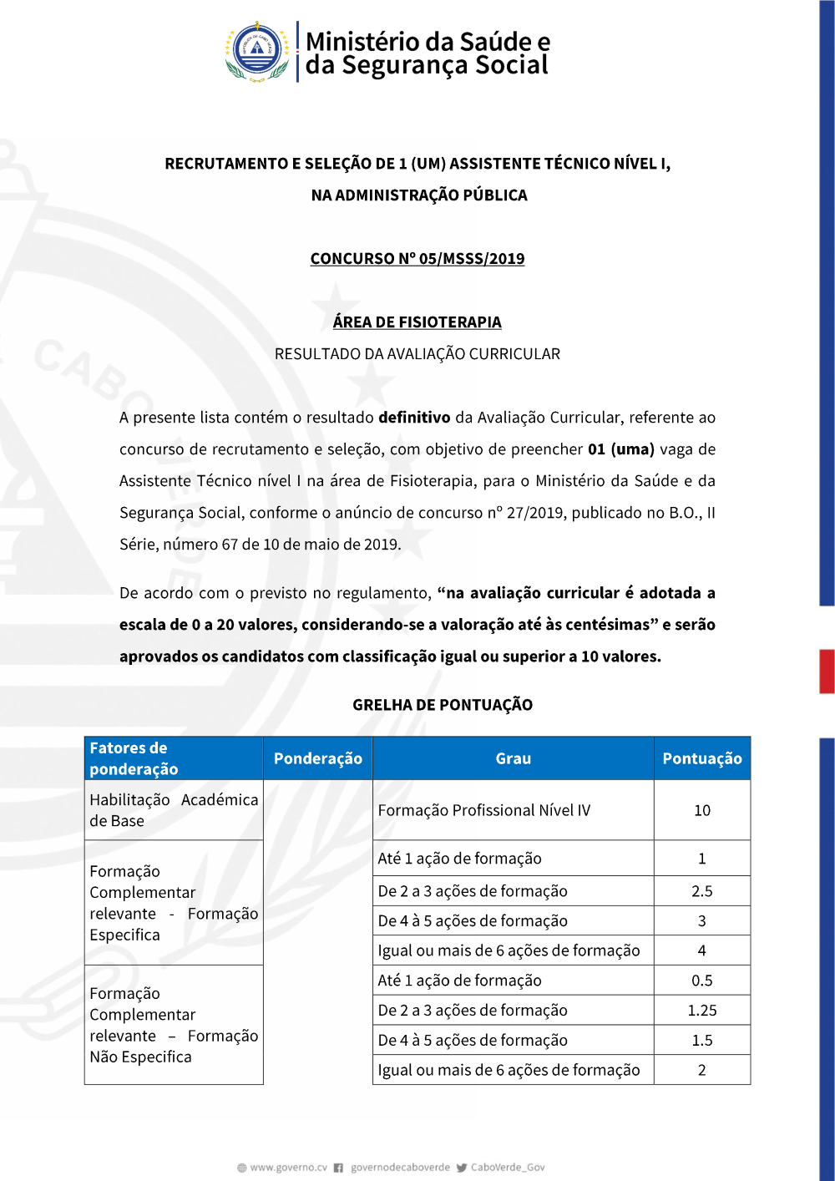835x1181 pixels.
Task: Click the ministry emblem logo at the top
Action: [x=257, y=52]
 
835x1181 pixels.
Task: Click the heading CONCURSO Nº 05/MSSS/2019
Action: [x=417, y=259]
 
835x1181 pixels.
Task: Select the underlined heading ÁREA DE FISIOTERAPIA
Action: [x=417, y=322]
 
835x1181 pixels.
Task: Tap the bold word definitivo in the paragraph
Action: [x=414, y=418]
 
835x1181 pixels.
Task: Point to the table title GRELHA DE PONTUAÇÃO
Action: [x=443, y=705]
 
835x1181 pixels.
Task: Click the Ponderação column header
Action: [x=318, y=758]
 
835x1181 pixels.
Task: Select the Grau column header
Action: [x=513, y=758]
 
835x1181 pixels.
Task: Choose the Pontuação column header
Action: [x=702, y=758]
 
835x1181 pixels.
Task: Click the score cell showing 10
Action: [x=702, y=810]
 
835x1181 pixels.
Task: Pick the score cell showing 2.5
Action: [x=702, y=891]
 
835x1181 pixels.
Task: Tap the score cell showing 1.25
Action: [x=702, y=1011]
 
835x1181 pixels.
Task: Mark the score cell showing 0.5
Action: [x=702, y=981]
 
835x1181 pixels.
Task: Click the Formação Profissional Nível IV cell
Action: [x=484, y=810]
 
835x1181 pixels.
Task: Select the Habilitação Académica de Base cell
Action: [x=174, y=810]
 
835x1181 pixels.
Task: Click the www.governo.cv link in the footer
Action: [x=288, y=1168]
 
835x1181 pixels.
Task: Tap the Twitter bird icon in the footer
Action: [x=462, y=1168]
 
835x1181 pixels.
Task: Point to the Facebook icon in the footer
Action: [x=338, y=1168]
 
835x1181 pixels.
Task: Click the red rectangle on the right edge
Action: [x=827, y=672]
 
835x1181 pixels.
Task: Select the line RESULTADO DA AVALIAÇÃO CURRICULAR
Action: [x=417, y=354]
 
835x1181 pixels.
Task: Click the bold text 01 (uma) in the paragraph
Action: [x=621, y=449]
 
